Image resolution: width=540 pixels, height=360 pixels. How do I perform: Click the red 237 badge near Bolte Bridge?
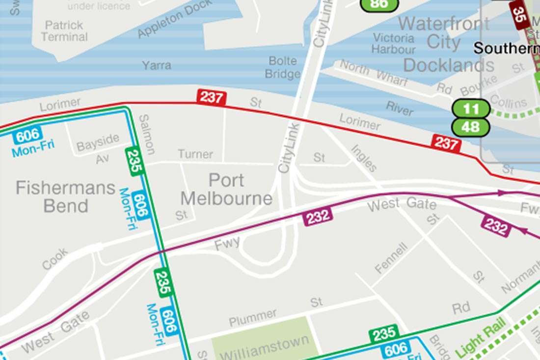tap(212, 97)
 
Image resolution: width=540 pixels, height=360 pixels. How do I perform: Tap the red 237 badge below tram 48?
tap(446, 143)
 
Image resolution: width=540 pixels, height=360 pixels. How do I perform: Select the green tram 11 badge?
tap(470, 109)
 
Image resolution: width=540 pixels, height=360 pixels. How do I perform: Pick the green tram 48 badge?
tap(470, 127)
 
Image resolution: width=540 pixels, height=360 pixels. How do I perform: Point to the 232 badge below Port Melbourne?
tap(318, 217)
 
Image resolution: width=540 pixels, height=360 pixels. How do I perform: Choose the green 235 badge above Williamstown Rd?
tap(384, 334)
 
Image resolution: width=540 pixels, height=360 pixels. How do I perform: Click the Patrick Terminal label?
tap(64, 31)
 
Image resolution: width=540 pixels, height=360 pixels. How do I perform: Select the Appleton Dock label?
tap(175, 19)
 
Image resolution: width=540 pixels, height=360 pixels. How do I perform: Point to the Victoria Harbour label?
tap(393, 43)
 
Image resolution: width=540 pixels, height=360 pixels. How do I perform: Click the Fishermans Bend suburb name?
tap(65, 196)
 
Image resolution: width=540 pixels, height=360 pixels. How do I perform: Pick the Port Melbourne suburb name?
tap(226, 190)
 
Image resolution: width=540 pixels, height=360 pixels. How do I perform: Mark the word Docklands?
tap(449, 65)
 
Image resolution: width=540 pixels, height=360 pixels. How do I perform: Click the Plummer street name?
tap(253, 317)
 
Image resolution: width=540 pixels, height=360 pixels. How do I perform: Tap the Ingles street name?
tap(364, 158)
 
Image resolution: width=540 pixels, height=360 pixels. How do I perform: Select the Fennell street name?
tap(391, 257)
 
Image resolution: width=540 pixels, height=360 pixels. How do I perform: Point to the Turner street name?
tap(195, 154)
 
